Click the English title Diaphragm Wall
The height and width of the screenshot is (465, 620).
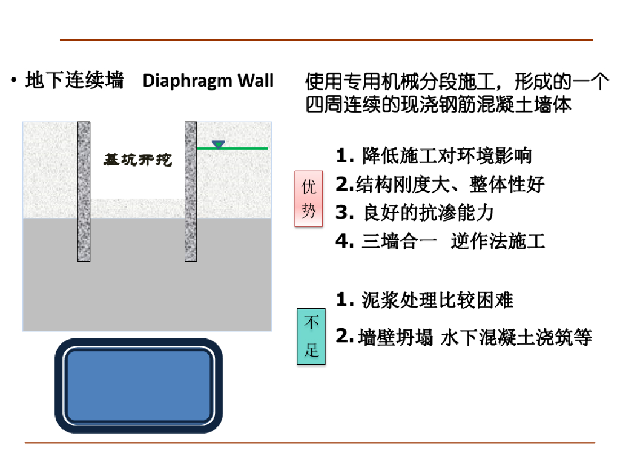(208, 81)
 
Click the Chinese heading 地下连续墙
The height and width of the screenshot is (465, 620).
(74, 81)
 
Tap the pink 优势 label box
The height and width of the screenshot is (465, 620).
(309, 199)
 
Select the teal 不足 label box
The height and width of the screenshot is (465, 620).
(311, 337)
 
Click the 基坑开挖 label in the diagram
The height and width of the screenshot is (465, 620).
(138, 160)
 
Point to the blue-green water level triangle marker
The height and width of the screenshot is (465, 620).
(218, 145)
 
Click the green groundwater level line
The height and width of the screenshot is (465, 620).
(242, 148)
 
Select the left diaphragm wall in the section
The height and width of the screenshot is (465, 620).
(84, 191)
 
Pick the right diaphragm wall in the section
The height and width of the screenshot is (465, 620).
(191, 191)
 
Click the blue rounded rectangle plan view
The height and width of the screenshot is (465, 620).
(139, 386)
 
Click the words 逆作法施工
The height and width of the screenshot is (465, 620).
(498, 241)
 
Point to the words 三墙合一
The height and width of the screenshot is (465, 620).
(399, 241)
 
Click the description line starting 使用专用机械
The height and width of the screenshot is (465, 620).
(457, 81)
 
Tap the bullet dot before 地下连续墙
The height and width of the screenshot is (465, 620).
(13, 81)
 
